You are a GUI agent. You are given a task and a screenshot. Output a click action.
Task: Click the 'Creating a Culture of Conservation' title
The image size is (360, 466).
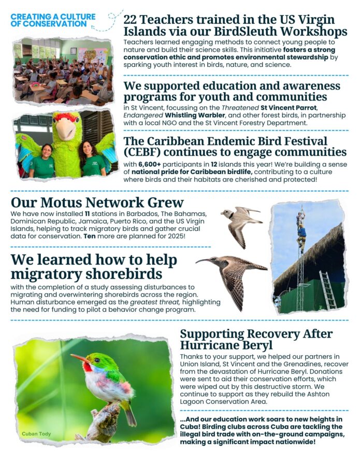pos(53,20)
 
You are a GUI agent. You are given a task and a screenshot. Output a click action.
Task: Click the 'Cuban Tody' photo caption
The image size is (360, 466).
pos(36,433)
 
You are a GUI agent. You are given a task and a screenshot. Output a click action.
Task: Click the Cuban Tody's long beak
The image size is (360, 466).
pos(78,357)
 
